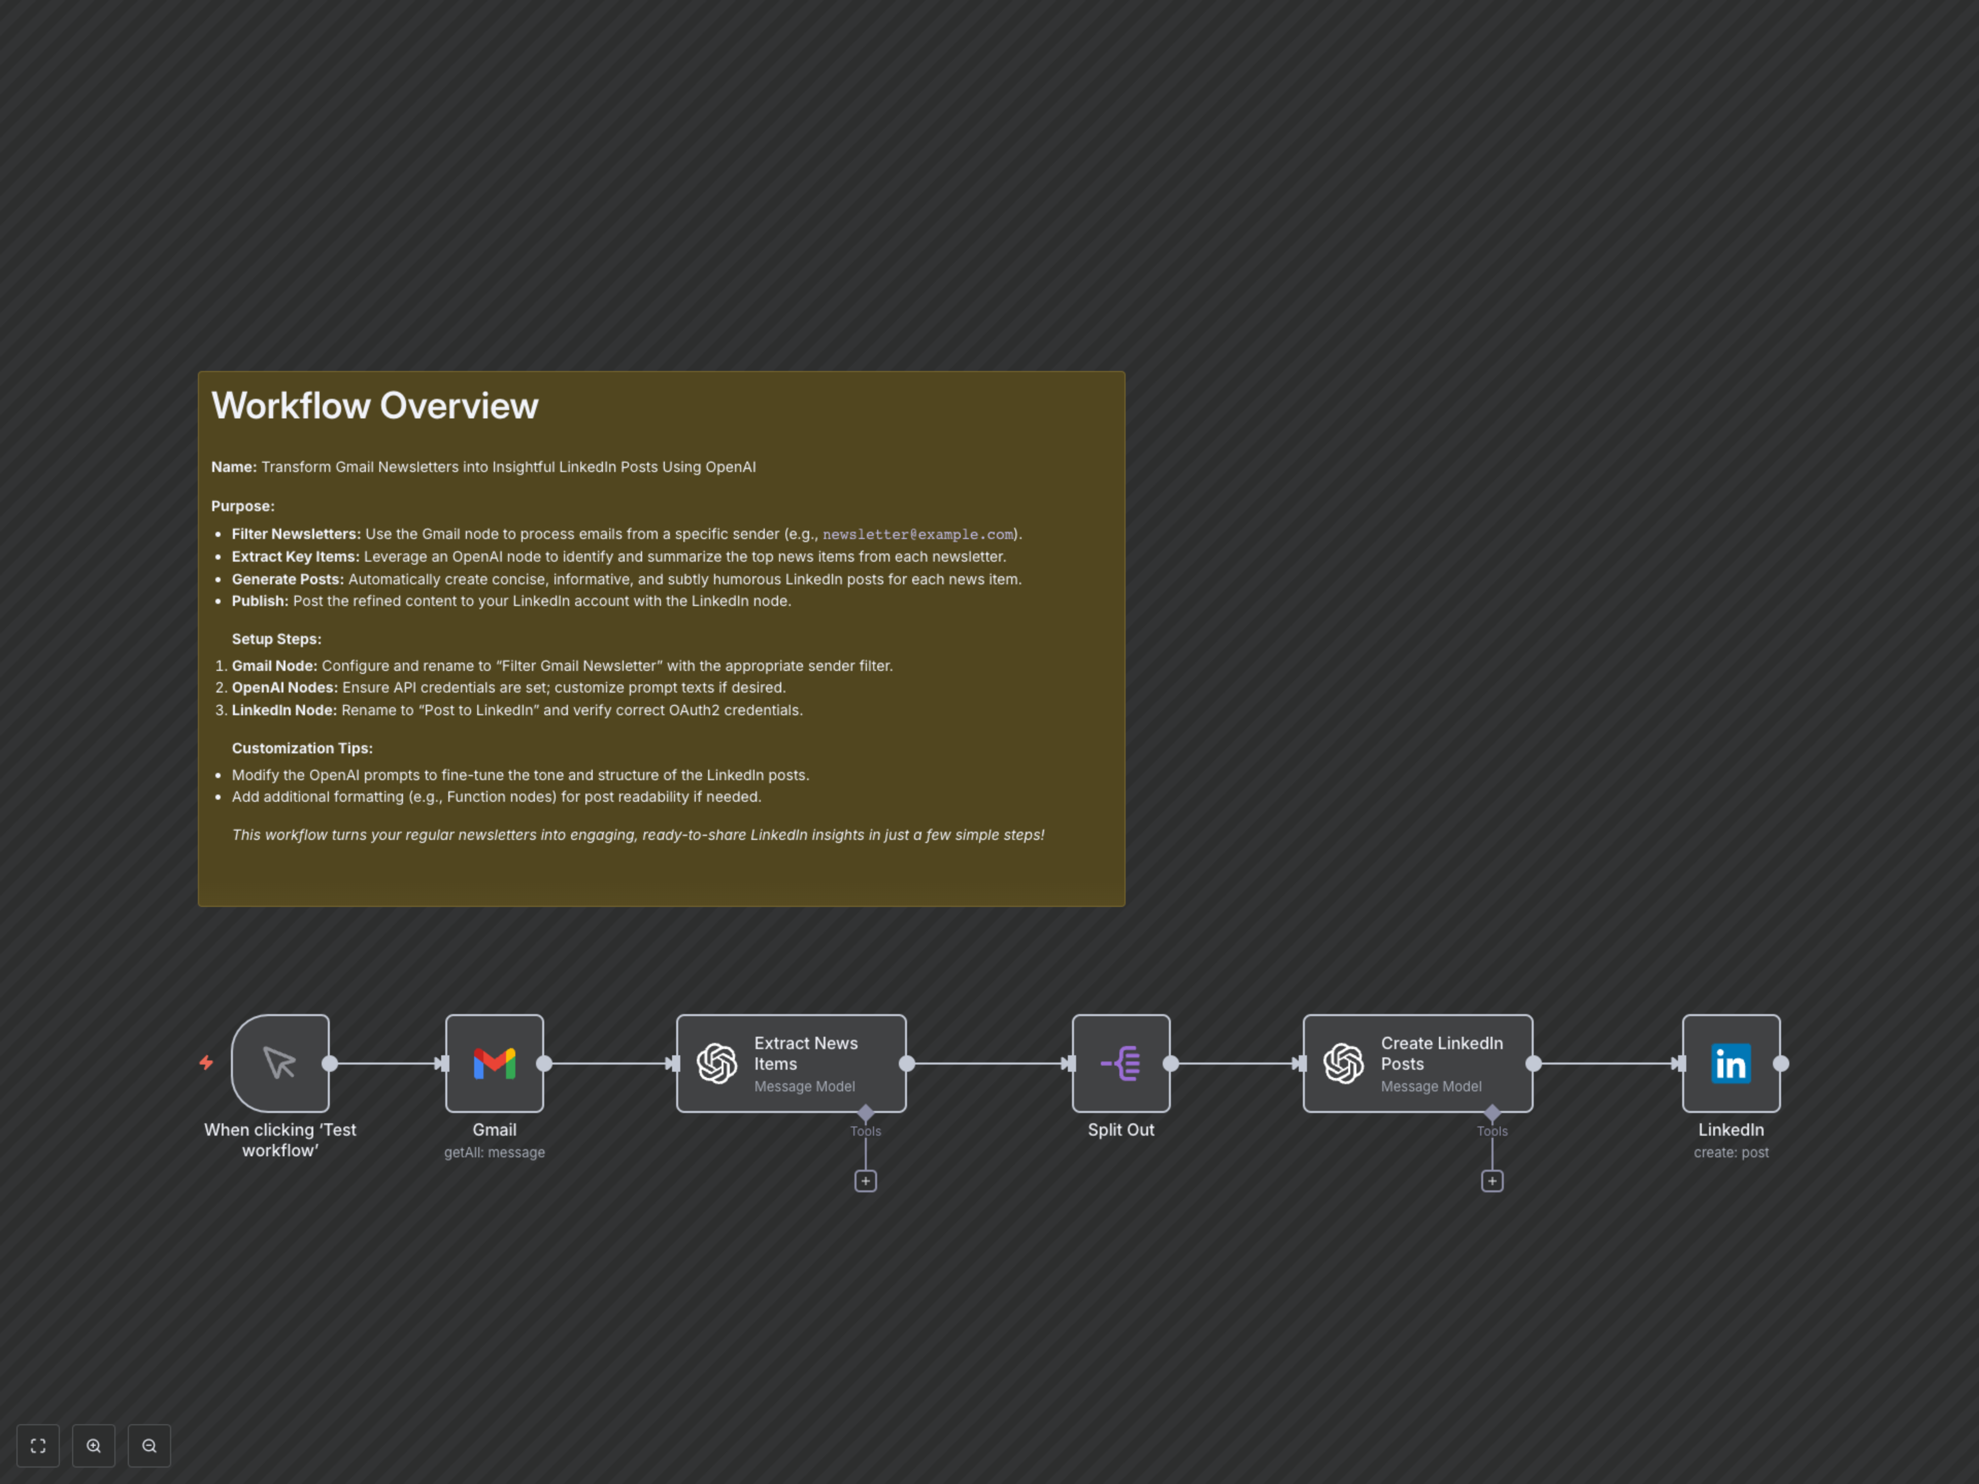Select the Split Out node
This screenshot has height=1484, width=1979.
pyautogui.click(x=1121, y=1064)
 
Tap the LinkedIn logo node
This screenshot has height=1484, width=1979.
pyautogui.click(x=1731, y=1064)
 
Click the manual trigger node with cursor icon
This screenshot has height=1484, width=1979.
pyautogui.click(x=280, y=1064)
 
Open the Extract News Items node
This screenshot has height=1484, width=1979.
pyautogui.click(x=792, y=1064)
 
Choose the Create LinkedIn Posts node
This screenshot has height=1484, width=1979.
pyautogui.click(x=1418, y=1064)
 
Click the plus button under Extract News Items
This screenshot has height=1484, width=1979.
pyautogui.click(x=865, y=1181)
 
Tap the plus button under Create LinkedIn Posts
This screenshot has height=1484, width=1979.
pyautogui.click(x=1492, y=1181)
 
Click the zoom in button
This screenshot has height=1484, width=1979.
pyautogui.click(x=94, y=1445)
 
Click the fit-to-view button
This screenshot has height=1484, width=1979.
pyautogui.click(x=39, y=1445)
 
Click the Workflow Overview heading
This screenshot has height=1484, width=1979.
pyautogui.click(x=375, y=406)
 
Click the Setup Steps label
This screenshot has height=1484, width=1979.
pyautogui.click(x=276, y=638)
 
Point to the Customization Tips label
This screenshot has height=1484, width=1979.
pyautogui.click(x=303, y=748)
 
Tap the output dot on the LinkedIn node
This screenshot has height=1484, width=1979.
pyautogui.click(x=1781, y=1064)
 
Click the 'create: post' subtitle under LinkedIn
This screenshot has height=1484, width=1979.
pyautogui.click(x=1731, y=1152)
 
